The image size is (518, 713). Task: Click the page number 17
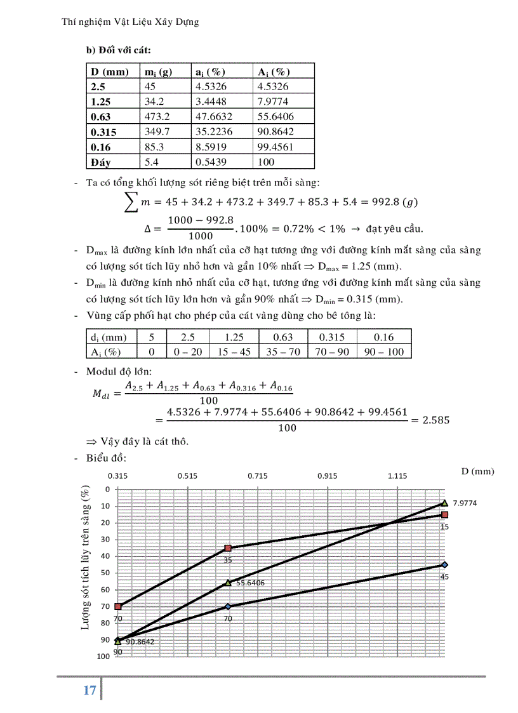click(90, 690)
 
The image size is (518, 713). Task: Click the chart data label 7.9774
click(465, 503)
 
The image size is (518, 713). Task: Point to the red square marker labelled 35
click(228, 548)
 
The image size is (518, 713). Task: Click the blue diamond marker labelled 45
click(445, 564)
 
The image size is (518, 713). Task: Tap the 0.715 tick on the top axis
click(258, 475)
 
